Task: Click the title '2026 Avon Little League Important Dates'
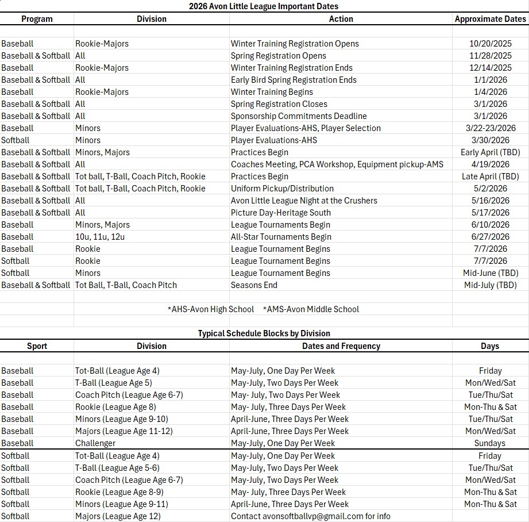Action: click(x=264, y=6)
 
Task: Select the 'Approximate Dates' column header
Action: click(x=490, y=19)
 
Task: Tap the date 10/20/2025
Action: click(x=490, y=44)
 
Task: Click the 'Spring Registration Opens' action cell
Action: click(x=279, y=56)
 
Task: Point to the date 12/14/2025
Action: click(x=490, y=68)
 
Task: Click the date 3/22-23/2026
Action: click(x=490, y=128)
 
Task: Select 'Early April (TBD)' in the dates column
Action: click(x=490, y=152)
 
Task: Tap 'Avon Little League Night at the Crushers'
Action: click(x=304, y=201)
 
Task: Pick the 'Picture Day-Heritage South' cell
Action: click(x=281, y=213)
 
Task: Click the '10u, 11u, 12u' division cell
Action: click(x=101, y=237)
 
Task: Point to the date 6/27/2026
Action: click(x=490, y=237)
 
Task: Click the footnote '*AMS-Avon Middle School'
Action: click(x=311, y=309)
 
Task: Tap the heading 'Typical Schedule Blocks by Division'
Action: click(x=264, y=333)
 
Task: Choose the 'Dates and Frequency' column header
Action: click(x=341, y=346)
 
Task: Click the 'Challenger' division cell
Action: click(x=95, y=443)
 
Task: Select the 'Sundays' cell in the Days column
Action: click(x=490, y=443)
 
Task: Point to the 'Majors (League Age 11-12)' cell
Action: click(x=124, y=431)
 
